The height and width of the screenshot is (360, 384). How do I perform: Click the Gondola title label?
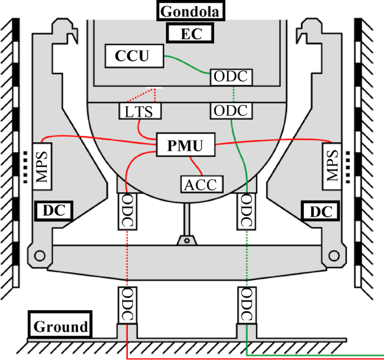pos(191,11)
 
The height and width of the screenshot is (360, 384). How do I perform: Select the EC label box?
pos(191,34)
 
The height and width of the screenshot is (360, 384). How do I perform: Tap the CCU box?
pos(134,56)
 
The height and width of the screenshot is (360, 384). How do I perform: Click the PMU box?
pos(186,146)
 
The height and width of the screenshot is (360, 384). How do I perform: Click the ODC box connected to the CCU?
pos(232,77)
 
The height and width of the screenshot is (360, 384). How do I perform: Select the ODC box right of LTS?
pos(232,110)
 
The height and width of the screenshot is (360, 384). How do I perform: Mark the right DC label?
pos(321,211)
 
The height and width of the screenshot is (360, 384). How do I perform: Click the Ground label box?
pos(61,326)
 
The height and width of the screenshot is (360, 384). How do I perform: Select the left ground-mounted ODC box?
pos(127,305)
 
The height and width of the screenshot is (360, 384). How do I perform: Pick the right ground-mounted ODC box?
pos(246,305)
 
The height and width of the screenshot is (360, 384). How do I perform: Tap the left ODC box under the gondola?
pos(127,211)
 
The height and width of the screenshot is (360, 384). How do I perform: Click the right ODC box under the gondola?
pos(246,211)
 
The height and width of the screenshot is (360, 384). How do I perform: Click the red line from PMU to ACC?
pos(197,165)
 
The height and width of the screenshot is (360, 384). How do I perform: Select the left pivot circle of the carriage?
pos(39,256)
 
